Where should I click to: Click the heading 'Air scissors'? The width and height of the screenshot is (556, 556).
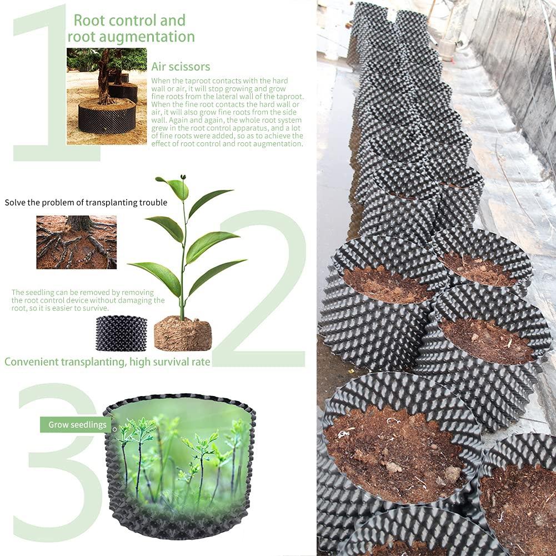181,67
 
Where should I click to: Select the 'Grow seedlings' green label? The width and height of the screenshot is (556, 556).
77,424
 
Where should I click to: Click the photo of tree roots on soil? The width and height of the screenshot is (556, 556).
76,242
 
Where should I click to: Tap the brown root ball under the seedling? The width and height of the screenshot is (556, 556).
183,333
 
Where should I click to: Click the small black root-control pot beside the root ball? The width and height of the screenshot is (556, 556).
121,333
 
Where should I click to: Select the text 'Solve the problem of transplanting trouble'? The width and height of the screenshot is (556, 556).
86,203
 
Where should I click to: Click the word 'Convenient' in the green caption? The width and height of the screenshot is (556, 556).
31,362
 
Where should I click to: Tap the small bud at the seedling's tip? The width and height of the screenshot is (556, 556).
183,176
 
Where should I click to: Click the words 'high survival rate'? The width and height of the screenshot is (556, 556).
170,362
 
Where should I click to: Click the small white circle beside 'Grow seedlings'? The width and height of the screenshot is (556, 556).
114,429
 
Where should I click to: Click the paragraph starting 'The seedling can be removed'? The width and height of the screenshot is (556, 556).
88,300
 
